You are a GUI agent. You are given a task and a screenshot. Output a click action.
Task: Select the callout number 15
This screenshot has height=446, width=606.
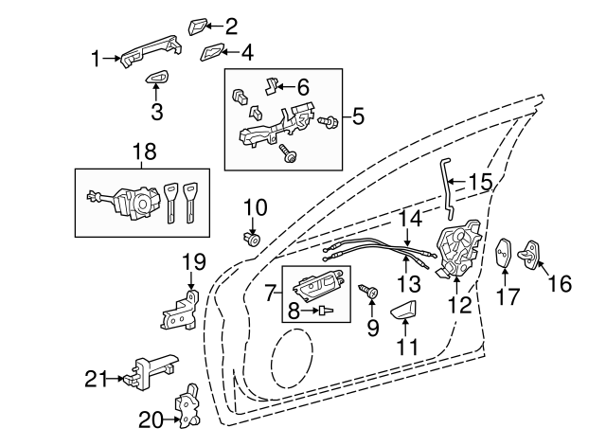480,181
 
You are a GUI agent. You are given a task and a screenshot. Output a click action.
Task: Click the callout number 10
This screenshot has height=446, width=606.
256,205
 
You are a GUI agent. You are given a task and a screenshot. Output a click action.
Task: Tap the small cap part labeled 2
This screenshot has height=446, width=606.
202,25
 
